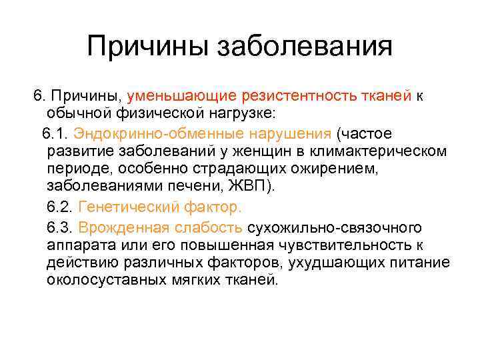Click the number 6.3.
[59, 227]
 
